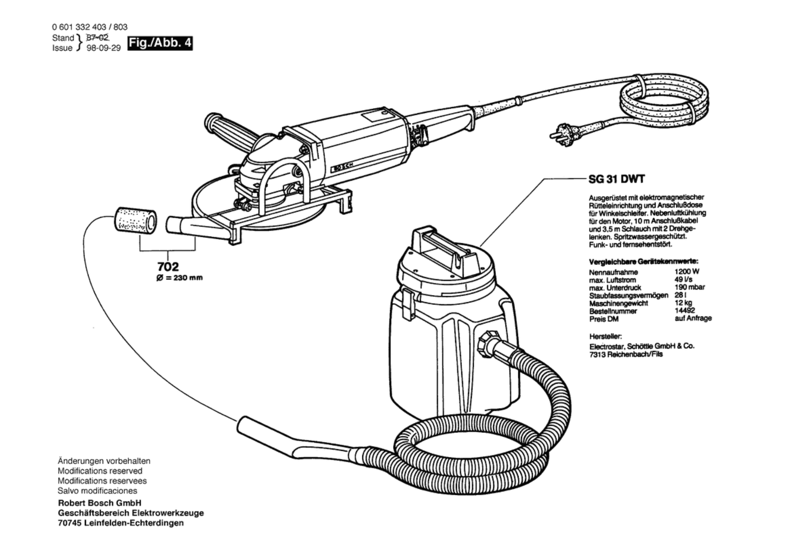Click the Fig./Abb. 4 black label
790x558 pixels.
coord(160,43)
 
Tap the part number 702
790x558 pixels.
coord(168,266)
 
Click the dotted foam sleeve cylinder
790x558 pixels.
coord(136,221)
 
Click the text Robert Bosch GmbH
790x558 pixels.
coord(100,503)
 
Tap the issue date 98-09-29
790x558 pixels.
coord(104,48)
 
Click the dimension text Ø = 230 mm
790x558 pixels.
coord(179,278)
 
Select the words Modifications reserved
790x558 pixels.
coord(100,471)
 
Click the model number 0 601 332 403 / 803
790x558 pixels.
coord(90,27)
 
